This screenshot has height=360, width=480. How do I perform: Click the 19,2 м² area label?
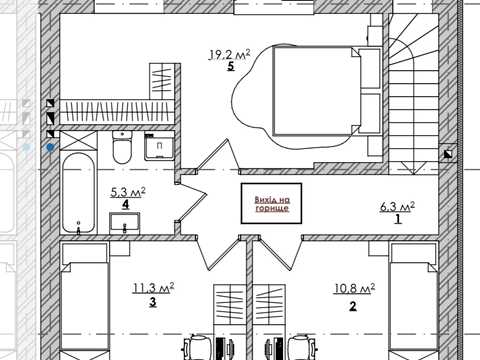pyautogui.click(x=229, y=54)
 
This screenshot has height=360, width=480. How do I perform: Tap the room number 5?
pyautogui.click(x=231, y=66)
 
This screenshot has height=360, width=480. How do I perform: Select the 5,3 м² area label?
pyautogui.click(x=128, y=192)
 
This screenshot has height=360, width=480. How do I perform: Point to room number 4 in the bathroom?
pyautogui.click(x=125, y=204)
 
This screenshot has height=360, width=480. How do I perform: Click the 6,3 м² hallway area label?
pyautogui.click(x=397, y=207)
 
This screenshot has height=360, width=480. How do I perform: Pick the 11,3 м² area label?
pyautogui.click(x=153, y=288)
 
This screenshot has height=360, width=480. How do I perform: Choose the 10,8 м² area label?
pyautogui.click(x=354, y=289)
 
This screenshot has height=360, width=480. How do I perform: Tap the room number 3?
pyautogui.click(x=153, y=302)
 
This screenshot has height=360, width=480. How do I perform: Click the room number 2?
pyautogui.click(x=353, y=306)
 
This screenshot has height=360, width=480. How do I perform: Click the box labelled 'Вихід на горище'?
pyautogui.click(x=272, y=203)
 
